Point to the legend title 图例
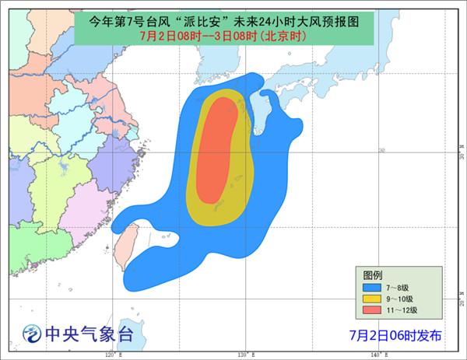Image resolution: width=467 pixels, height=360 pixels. (373, 274)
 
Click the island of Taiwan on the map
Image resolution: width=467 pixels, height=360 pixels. (125, 246)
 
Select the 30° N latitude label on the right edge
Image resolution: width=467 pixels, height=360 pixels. (462, 156)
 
